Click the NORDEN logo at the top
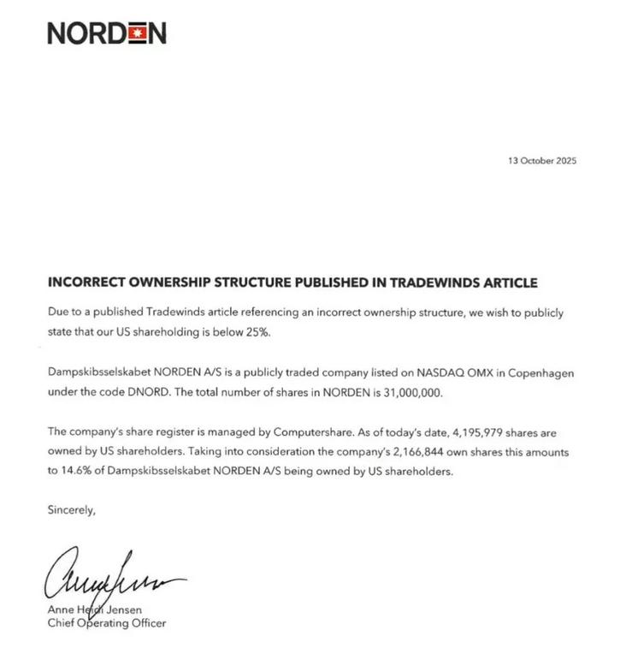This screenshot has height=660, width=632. (x=107, y=33)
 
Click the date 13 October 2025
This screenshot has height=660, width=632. (x=542, y=160)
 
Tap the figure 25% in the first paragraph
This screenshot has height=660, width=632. (x=257, y=331)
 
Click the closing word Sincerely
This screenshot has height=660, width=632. (x=72, y=510)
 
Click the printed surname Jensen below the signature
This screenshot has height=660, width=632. (x=123, y=609)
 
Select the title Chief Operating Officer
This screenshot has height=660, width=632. (x=107, y=623)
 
